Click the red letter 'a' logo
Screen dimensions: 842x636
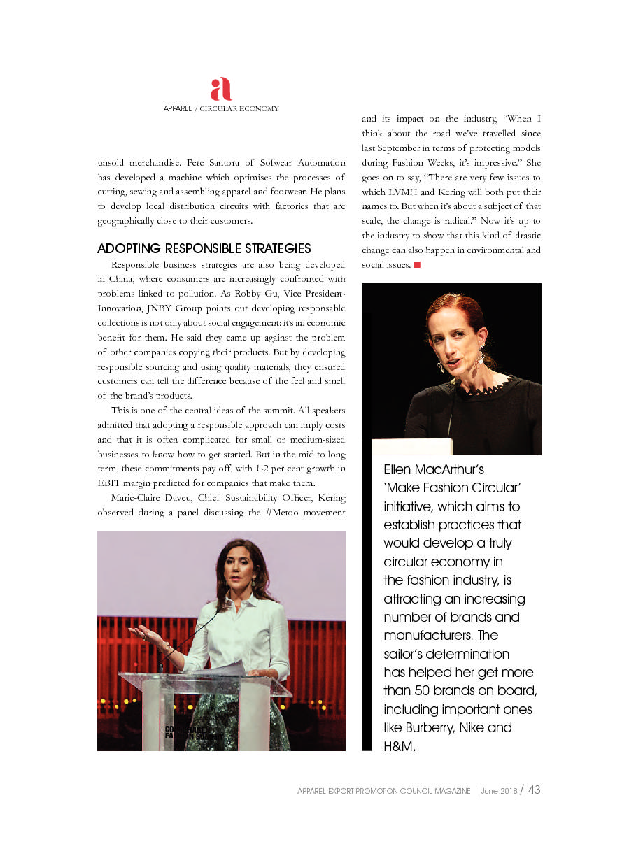click(x=220, y=89)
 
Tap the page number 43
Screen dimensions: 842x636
click(x=534, y=790)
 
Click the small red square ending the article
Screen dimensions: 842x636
click(x=417, y=265)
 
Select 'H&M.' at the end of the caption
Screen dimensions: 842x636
click(x=400, y=746)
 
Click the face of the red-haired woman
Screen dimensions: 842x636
click(x=455, y=343)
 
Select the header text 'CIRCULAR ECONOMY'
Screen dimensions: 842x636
click(x=239, y=109)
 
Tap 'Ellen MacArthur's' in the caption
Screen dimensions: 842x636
click(x=434, y=469)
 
